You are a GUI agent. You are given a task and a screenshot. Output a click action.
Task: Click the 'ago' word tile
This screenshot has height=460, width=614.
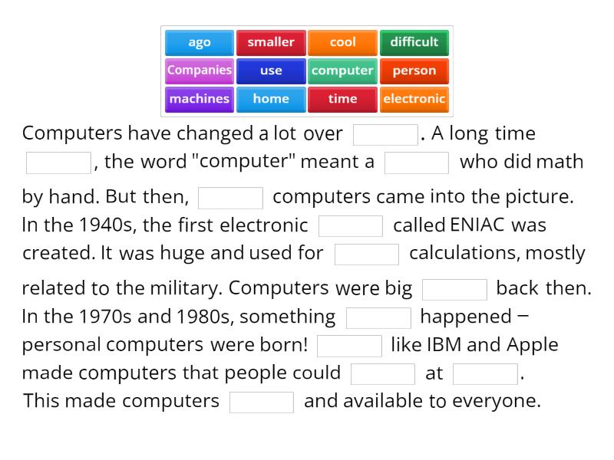tap(200, 43)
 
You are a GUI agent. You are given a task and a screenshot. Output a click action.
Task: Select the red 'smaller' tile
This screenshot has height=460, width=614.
tap(271, 43)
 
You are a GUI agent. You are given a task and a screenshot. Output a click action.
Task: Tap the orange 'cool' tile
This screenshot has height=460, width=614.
tap(342, 43)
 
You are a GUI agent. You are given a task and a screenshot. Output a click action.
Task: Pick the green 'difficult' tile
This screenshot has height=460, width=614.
tap(414, 43)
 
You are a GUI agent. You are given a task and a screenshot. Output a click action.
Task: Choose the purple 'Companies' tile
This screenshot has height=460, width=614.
tap(200, 71)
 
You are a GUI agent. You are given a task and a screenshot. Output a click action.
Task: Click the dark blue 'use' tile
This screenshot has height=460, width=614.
tap(271, 71)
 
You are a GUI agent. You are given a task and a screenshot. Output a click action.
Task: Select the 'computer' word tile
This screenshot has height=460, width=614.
tap(342, 71)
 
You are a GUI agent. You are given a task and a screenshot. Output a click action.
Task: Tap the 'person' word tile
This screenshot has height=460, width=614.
tap(414, 71)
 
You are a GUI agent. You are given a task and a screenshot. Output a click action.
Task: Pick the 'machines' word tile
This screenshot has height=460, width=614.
tap(200, 99)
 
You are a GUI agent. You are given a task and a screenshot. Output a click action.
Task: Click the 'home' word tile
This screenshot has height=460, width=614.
tap(271, 99)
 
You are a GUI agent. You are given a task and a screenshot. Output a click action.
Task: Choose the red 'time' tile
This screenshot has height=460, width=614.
tap(342, 99)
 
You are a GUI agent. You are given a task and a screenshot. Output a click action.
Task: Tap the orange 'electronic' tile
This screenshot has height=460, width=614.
tap(414, 99)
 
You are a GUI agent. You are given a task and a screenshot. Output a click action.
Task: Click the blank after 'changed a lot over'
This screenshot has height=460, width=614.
tap(385, 135)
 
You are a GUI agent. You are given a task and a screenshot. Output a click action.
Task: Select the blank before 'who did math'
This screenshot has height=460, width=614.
tap(417, 163)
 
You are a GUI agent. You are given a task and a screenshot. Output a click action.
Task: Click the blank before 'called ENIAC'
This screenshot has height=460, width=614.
tap(351, 226)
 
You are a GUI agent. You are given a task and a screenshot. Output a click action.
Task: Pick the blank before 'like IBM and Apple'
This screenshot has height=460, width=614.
tap(349, 346)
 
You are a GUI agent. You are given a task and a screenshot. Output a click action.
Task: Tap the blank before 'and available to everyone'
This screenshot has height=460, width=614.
tap(262, 402)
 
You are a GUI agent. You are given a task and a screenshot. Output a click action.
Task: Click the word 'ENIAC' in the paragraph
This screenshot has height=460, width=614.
tap(478, 225)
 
